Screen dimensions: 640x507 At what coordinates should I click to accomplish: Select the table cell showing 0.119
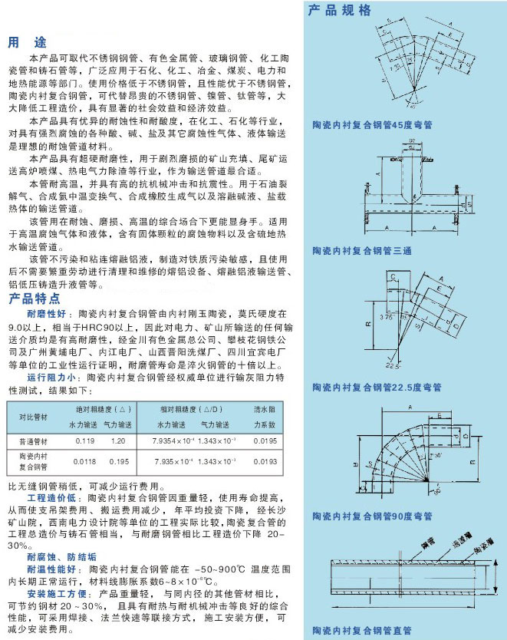(x=85, y=442)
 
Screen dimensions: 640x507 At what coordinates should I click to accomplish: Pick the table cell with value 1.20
(x=118, y=442)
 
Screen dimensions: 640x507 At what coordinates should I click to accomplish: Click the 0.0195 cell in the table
(x=264, y=442)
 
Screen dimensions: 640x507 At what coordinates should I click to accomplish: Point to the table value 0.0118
(x=85, y=462)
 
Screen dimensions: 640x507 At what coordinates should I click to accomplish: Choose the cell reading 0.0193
(x=264, y=462)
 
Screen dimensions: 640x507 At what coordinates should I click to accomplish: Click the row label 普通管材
(x=32, y=442)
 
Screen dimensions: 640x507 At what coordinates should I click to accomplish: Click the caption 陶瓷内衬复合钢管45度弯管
(x=372, y=124)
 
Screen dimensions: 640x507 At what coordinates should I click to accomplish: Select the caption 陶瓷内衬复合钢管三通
(x=361, y=251)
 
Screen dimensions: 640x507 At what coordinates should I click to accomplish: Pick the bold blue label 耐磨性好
(x=46, y=315)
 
